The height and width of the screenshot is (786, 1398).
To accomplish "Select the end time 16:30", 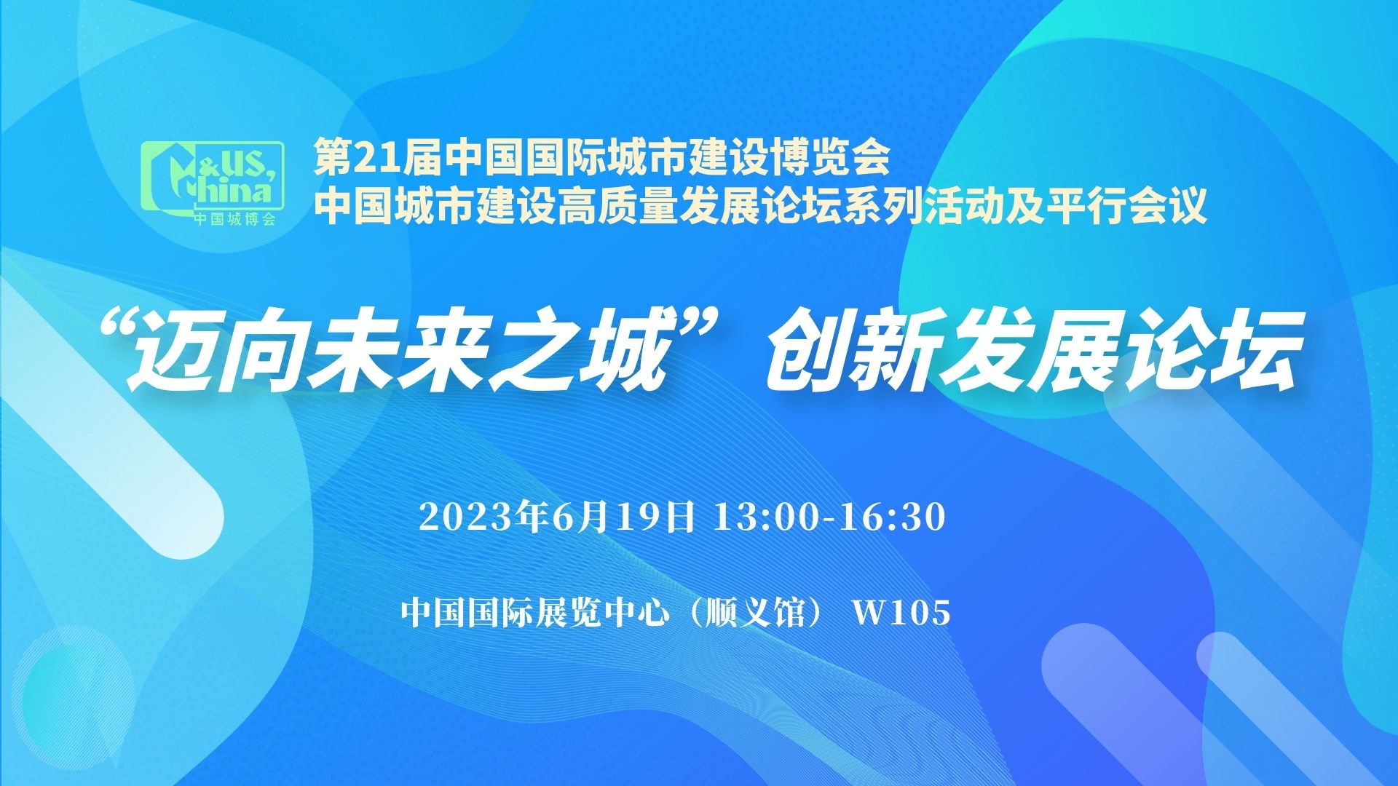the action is [x=893, y=517].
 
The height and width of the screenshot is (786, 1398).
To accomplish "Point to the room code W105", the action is [x=902, y=612].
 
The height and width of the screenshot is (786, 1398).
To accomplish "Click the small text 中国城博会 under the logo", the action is [x=235, y=219].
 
